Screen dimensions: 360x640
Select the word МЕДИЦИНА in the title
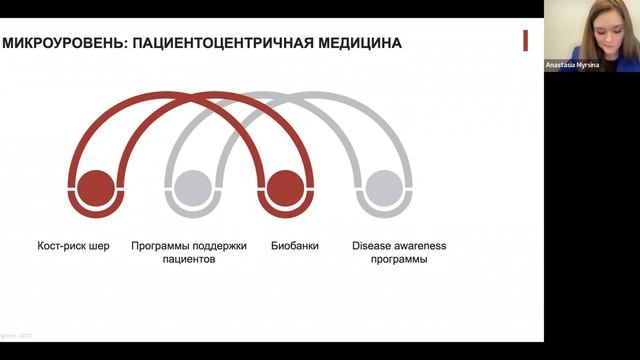click(361, 43)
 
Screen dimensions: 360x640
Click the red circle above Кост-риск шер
click(96, 188)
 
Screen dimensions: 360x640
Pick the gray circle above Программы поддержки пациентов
click(191, 188)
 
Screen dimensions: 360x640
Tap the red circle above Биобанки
click(285, 188)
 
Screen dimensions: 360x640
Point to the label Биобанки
click(295, 245)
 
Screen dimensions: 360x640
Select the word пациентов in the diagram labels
click(189, 259)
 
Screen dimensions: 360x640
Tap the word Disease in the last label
click(374, 245)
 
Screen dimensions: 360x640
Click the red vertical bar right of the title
click(525, 41)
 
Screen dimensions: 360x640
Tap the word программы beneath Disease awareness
click(399, 259)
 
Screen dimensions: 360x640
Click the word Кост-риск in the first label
click(57, 245)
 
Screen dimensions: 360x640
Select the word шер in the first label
click(99, 245)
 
